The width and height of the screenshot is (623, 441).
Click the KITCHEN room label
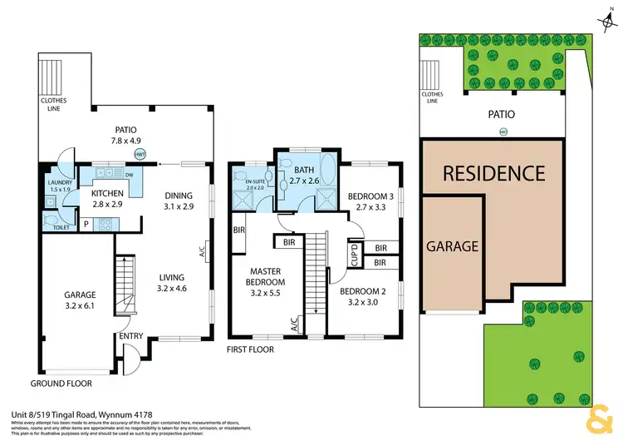click(106, 193)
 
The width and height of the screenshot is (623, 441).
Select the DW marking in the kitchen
click(129, 176)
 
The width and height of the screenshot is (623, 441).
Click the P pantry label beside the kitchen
click(86, 222)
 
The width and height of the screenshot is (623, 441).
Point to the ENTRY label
click(130, 335)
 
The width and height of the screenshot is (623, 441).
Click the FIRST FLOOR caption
click(250, 350)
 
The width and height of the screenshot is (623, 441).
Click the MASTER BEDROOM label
click(272, 275)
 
